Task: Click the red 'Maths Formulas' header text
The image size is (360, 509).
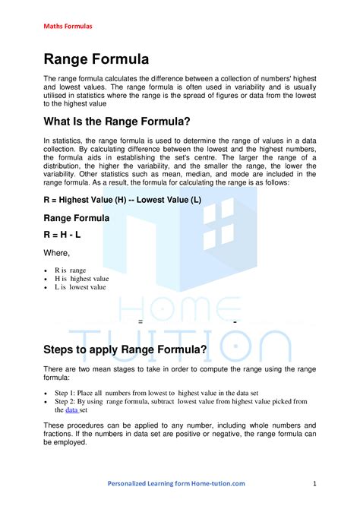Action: [x=68, y=26]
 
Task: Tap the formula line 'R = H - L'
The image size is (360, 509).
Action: [x=62, y=235]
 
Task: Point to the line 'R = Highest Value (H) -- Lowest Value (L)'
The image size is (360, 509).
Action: [x=122, y=200]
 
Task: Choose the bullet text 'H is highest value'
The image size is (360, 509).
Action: [x=81, y=279]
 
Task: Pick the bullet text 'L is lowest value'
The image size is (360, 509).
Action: [x=81, y=288]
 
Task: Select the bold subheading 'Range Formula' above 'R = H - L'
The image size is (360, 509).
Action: [x=76, y=217]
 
